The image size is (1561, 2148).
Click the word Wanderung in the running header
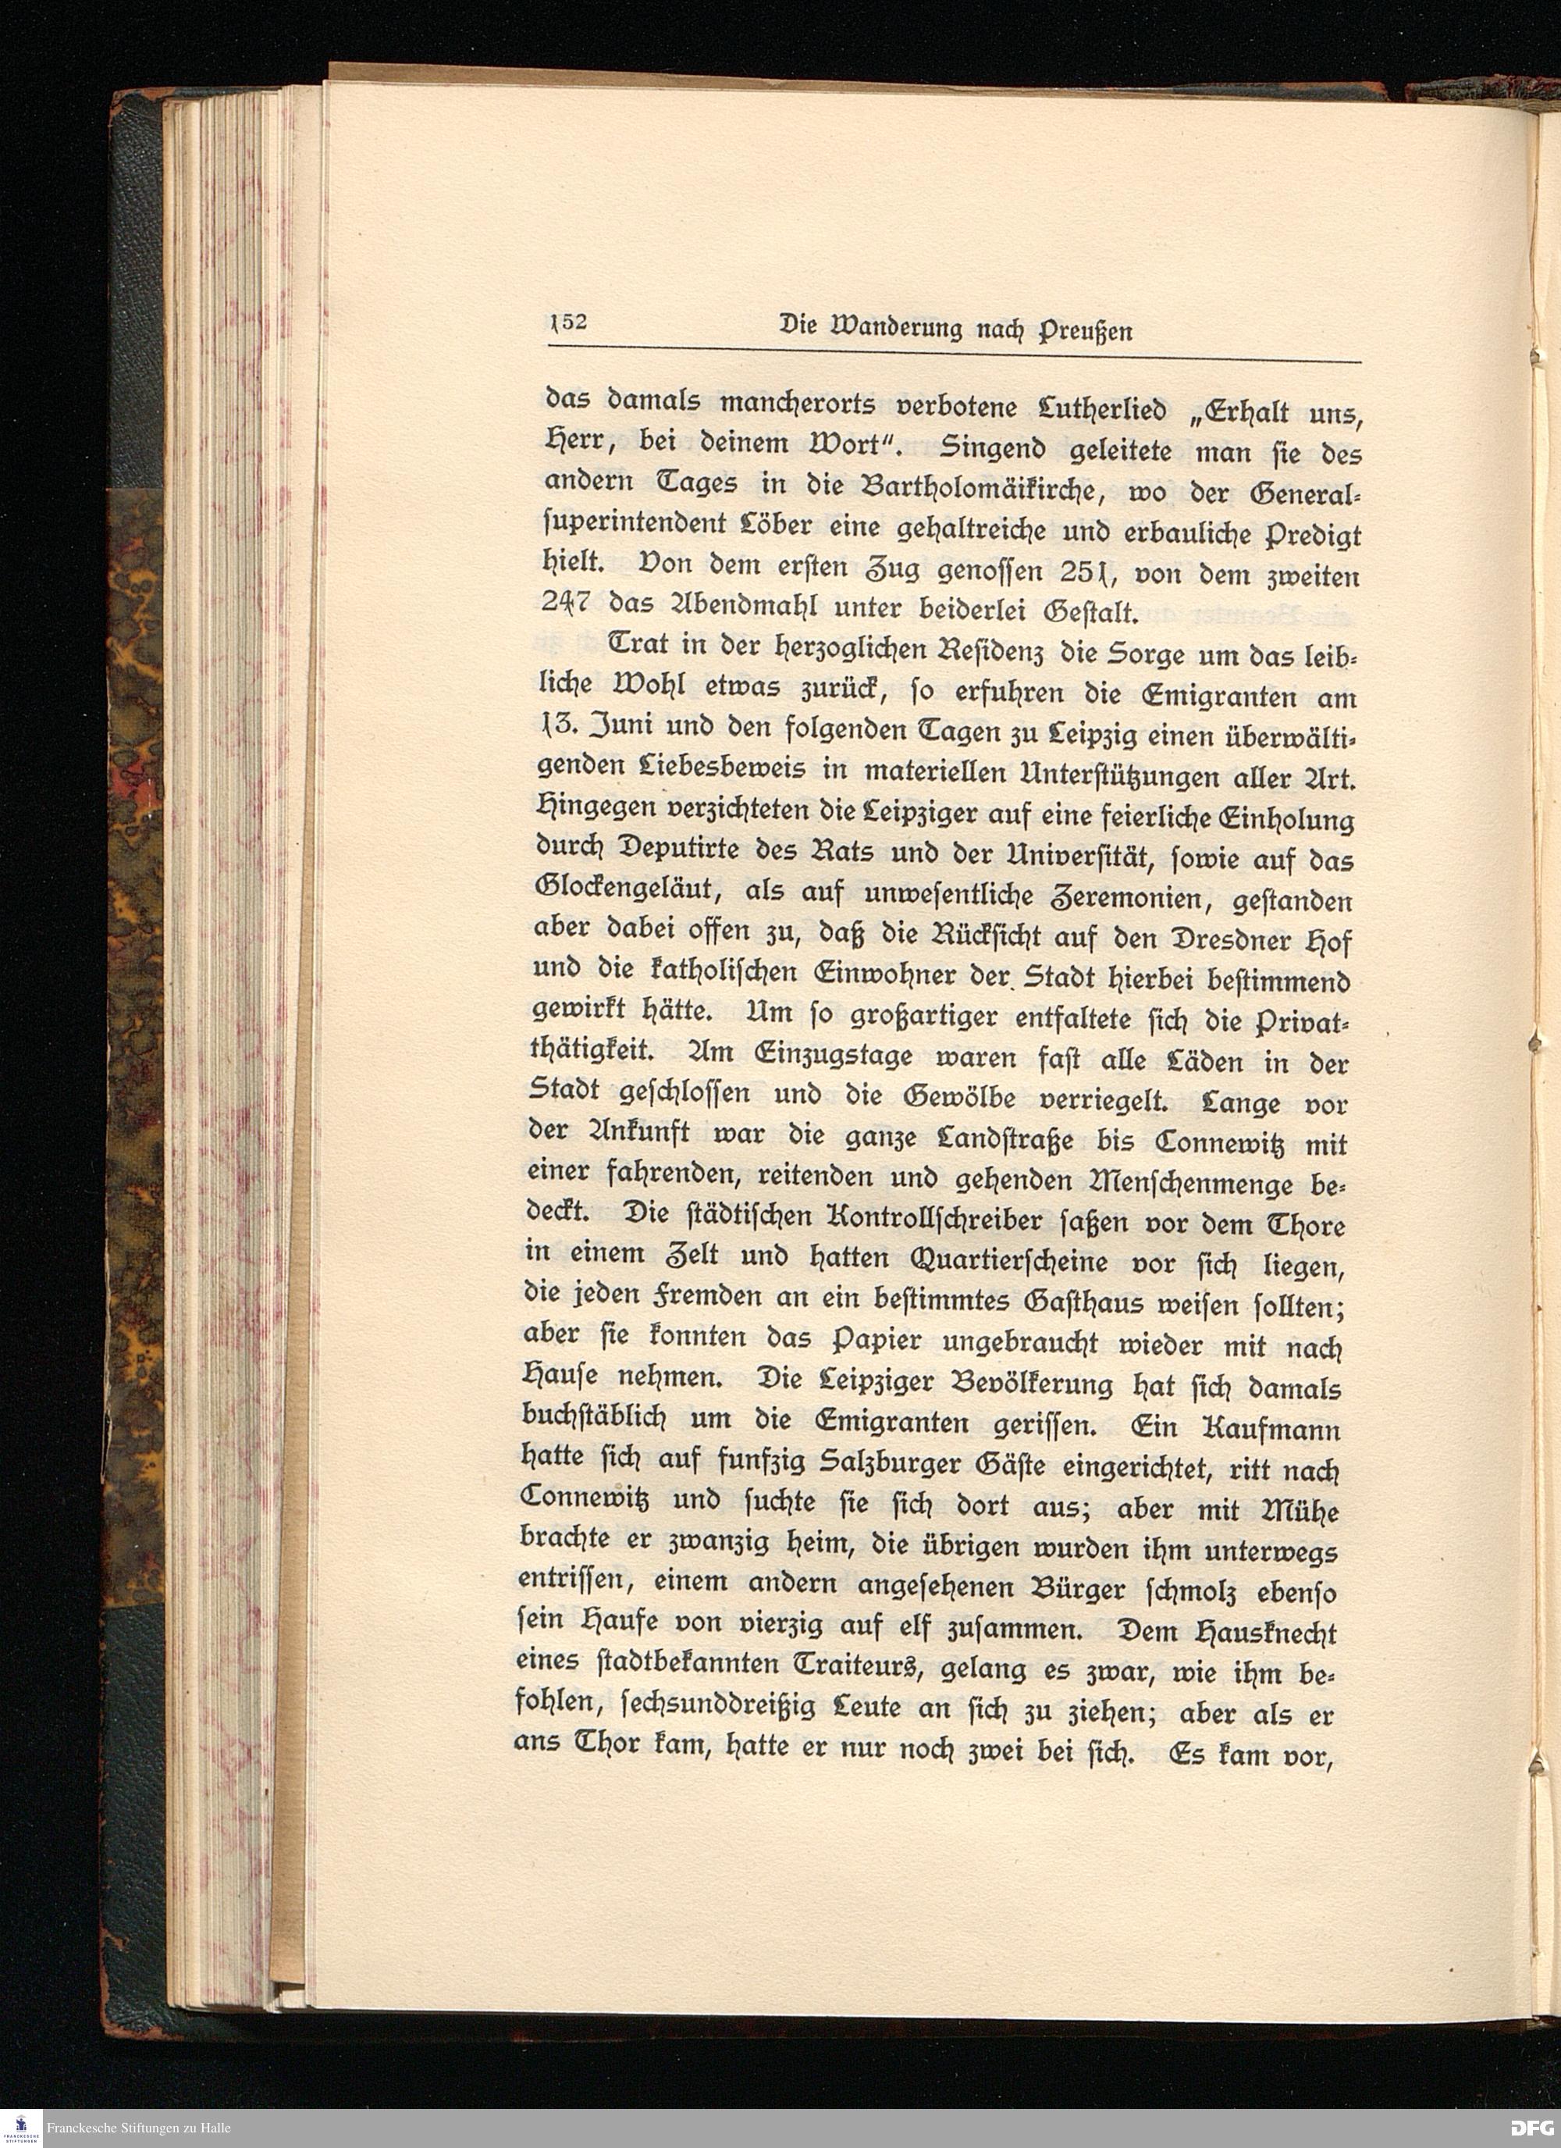[881, 329]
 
